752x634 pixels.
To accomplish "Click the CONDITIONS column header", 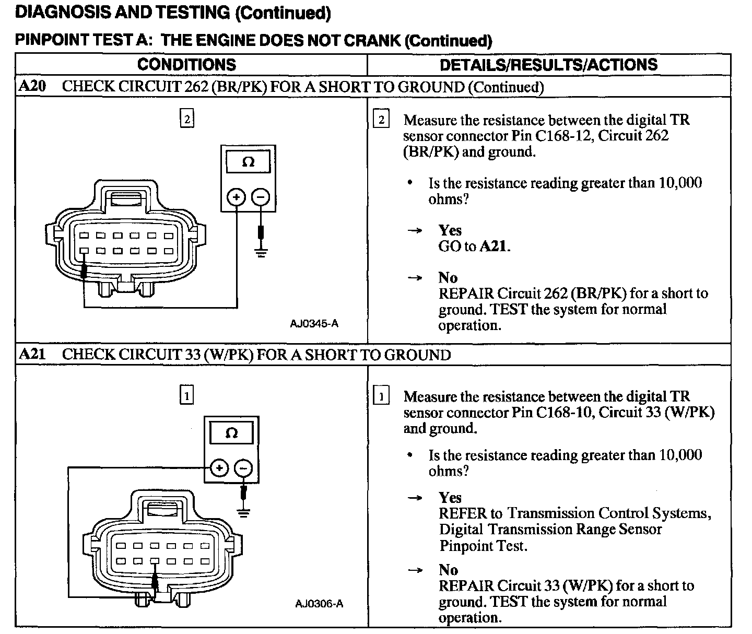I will pyautogui.click(x=186, y=64).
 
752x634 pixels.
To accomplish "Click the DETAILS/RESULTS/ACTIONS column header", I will pyautogui.click(x=548, y=64).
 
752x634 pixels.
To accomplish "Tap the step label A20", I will pyautogui.click(x=31, y=86).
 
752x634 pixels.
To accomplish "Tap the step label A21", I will pyautogui.click(x=31, y=355).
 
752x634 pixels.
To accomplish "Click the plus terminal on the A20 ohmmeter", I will pyautogui.click(x=237, y=197).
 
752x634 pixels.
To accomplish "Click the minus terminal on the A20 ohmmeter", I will pyautogui.click(x=261, y=197).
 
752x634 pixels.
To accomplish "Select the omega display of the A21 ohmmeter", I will pyautogui.click(x=231, y=433).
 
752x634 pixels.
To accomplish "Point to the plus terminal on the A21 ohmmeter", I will pyautogui.click(x=219, y=468).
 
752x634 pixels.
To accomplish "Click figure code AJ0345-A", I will pyautogui.click(x=314, y=324).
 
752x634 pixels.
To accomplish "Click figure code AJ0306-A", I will pyautogui.click(x=319, y=604).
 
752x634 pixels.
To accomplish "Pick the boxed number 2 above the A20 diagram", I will pyautogui.click(x=186, y=119).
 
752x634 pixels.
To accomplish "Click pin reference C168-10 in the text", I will pyautogui.click(x=565, y=413).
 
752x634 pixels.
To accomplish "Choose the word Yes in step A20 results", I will pyautogui.click(x=450, y=230).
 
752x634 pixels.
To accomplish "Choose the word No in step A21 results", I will pyautogui.click(x=448, y=570).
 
